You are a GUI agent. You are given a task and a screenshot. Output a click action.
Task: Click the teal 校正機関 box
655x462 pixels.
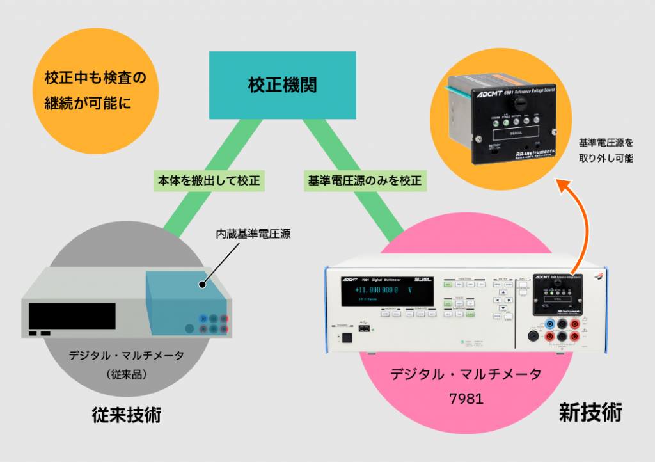282,85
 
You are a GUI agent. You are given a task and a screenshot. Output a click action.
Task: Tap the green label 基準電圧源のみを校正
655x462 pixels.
363,181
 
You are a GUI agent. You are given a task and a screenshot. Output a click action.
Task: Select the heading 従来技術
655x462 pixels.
127,416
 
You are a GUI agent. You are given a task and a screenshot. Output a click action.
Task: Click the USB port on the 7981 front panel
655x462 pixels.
363,328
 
